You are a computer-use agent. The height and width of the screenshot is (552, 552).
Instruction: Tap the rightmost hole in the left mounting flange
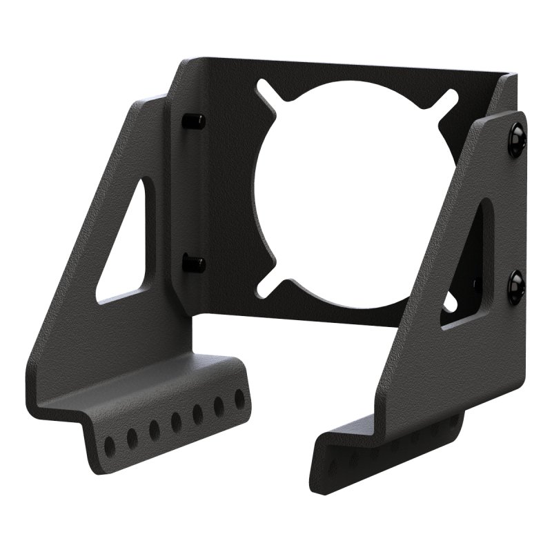[239, 399]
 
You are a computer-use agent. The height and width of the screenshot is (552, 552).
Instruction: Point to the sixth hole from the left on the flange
[219, 406]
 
